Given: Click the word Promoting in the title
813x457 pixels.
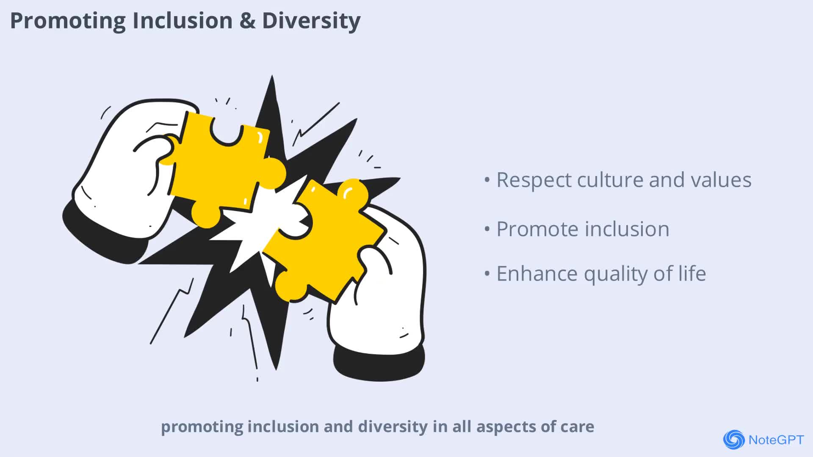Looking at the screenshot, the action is point(68,21).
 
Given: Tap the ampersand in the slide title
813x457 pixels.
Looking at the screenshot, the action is point(247,20).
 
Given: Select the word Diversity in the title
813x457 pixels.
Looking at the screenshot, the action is point(311,21).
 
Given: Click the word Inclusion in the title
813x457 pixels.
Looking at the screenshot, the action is point(183,20).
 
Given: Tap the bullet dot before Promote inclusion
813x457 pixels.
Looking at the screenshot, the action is point(487,229).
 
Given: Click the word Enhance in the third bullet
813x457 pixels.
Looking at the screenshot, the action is point(537,274).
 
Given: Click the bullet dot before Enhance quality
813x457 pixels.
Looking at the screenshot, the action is point(487,274).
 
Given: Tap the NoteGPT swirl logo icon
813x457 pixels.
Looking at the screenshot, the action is point(734,440).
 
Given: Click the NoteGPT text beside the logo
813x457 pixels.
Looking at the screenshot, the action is point(776,440).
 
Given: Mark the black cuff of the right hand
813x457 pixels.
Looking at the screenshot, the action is point(379,364).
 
